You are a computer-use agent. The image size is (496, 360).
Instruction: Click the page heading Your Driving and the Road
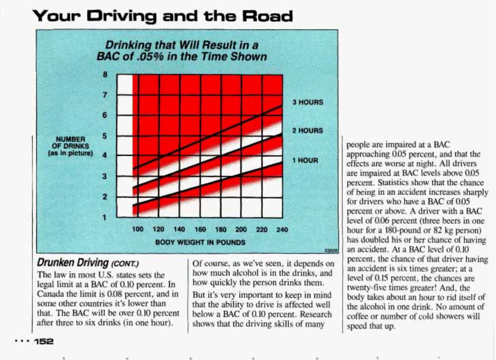(163, 16)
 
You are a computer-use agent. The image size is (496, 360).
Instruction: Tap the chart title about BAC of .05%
(182, 51)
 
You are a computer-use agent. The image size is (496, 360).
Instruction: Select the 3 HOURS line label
(307, 102)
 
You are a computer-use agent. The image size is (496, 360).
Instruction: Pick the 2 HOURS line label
(307, 131)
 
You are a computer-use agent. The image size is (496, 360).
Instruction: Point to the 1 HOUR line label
(305, 160)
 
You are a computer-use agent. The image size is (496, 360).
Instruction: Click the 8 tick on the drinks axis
(105, 75)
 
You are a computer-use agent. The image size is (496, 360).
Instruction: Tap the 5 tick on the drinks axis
(105, 136)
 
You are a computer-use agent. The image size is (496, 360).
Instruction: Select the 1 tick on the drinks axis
(105, 218)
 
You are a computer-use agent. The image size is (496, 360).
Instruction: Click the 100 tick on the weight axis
(138, 229)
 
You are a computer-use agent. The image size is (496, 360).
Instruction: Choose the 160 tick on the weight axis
(200, 229)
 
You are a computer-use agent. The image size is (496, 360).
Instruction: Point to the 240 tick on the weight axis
(282, 229)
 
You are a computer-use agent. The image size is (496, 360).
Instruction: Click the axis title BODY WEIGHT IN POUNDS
(200, 242)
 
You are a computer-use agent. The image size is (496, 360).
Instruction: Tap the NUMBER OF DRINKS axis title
(71, 146)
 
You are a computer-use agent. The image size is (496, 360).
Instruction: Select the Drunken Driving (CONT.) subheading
(88, 263)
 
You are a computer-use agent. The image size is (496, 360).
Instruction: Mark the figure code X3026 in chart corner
(331, 251)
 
